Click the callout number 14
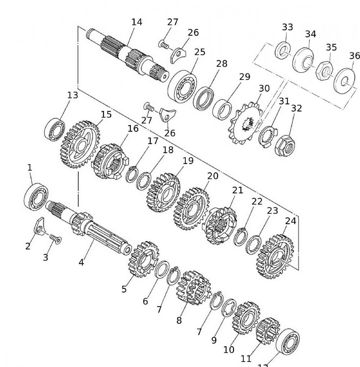137,22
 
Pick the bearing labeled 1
36,197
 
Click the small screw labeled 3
56,239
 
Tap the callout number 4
81,262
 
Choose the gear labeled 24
275,257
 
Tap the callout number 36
354,56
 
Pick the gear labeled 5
143,259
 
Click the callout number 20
212,176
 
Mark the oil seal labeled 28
204,98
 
